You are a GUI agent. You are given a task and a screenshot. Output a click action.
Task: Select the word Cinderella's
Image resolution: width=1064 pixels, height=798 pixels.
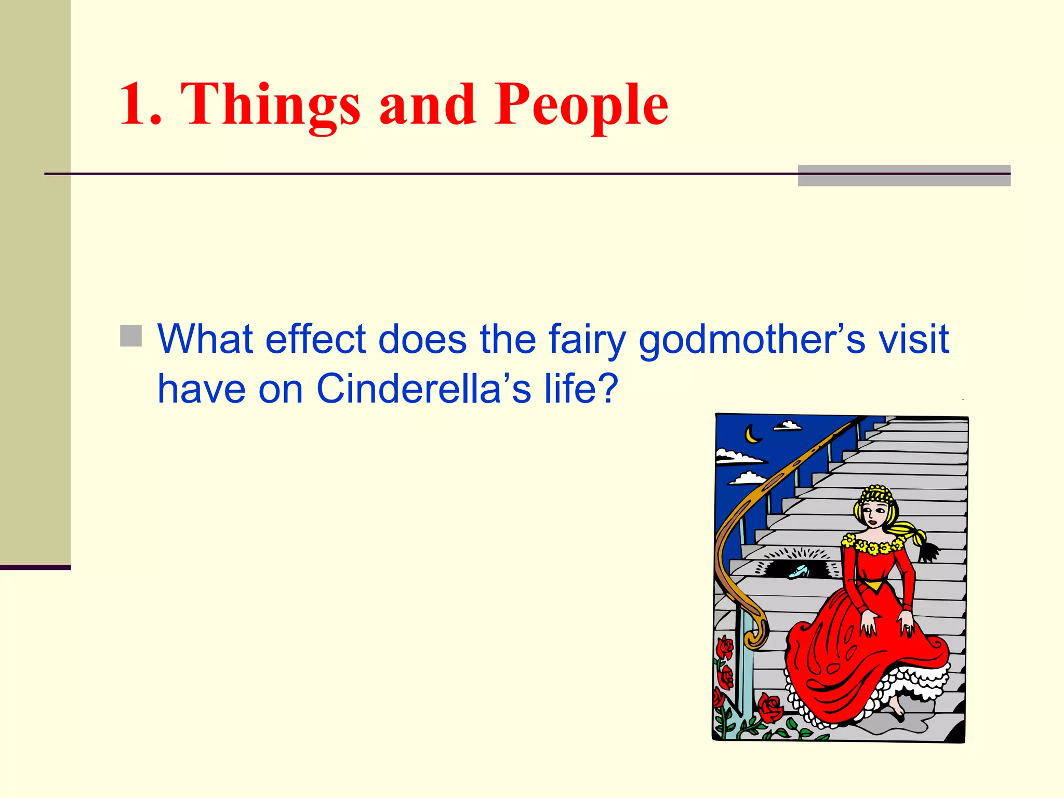click(423, 389)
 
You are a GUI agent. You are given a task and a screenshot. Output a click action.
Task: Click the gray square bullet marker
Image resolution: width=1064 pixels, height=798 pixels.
click(131, 336)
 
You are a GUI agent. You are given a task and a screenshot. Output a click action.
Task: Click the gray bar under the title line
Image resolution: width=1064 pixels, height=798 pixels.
click(904, 176)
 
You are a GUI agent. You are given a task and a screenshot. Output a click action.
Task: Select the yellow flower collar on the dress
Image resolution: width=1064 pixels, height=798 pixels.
click(873, 546)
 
